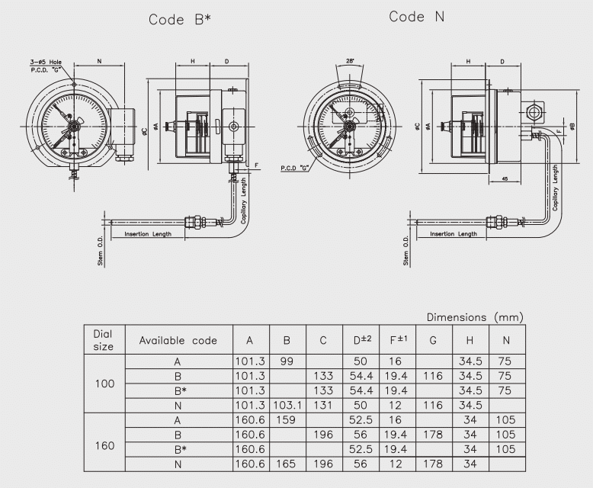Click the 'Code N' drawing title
pyautogui.click(x=417, y=17)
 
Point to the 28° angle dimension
pyautogui.click(x=351, y=60)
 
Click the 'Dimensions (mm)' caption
pyautogui.click(x=474, y=316)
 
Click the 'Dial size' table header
pyautogui.click(x=103, y=340)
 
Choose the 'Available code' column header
pyautogui.click(x=178, y=340)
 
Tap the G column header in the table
pyautogui.click(x=433, y=340)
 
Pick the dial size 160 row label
pyautogui.click(x=103, y=441)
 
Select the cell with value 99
pyautogui.click(x=287, y=361)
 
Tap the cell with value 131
pyautogui.click(x=323, y=404)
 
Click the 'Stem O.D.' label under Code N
pyautogui.click(x=405, y=250)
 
